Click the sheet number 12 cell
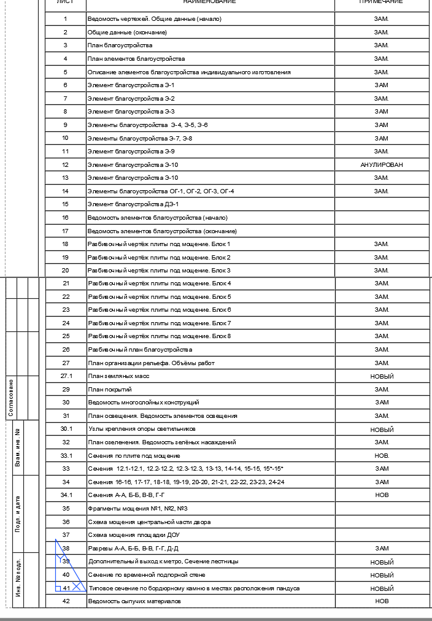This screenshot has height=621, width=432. [x=66, y=164]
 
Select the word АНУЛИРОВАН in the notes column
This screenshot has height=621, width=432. [x=381, y=164]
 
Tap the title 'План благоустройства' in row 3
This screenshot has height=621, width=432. [x=120, y=45]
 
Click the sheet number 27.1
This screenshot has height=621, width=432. [x=66, y=376]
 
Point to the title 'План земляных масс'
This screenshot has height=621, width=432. [x=118, y=376]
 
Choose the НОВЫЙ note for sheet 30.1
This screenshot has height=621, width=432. [x=381, y=430]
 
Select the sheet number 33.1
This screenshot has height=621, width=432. [x=66, y=456]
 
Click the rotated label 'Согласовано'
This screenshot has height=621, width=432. [x=11, y=398]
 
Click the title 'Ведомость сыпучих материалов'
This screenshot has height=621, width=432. [x=134, y=601]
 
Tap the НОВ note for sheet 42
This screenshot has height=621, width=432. [x=381, y=601]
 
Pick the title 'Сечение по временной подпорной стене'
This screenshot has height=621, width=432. [x=147, y=575]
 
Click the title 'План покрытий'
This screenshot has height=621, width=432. [x=110, y=390]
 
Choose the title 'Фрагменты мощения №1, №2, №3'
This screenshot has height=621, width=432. [x=137, y=509]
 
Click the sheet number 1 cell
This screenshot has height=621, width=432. [x=66, y=19]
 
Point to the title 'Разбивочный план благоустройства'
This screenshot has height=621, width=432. [x=140, y=350]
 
